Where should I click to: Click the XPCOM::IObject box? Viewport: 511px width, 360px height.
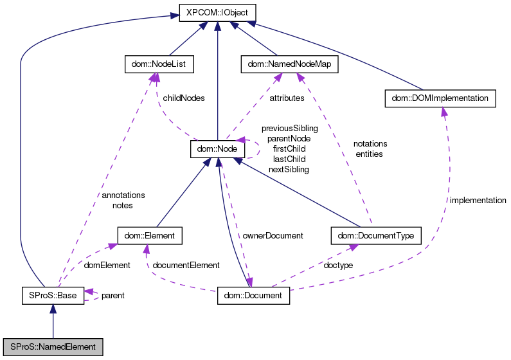tap(218, 12)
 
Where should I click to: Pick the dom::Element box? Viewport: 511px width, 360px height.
tap(150, 235)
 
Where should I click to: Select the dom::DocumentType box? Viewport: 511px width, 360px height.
tap(375, 235)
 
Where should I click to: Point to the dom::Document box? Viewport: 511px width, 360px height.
tap(254, 295)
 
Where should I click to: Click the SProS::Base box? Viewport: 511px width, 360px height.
tap(53, 295)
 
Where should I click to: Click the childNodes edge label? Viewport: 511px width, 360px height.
tap(184, 98)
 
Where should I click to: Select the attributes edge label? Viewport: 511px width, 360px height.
tap(287, 98)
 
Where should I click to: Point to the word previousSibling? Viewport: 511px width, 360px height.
tap(289, 129)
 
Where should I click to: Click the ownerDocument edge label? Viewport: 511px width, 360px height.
tap(273, 236)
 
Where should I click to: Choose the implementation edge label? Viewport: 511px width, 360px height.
tap(478, 201)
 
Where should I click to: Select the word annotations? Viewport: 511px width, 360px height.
tap(123, 195)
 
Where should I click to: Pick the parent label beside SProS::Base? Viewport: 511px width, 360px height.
tap(112, 296)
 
